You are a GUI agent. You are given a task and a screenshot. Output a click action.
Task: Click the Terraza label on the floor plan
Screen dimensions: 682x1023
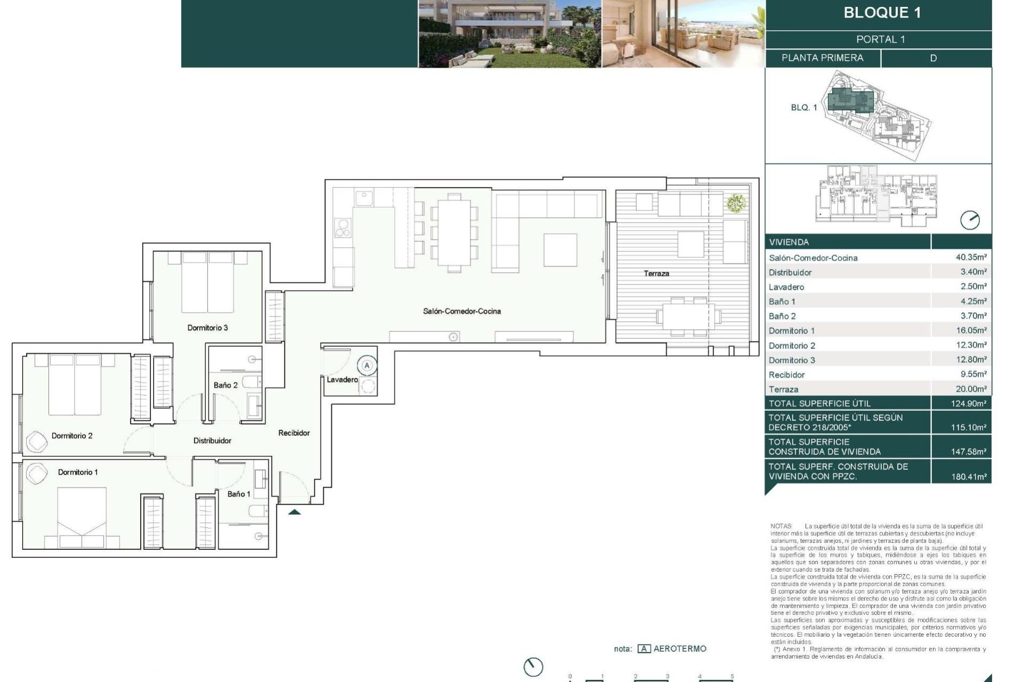(x=656, y=273)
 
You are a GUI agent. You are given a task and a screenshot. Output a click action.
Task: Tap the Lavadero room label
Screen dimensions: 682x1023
(x=342, y=379)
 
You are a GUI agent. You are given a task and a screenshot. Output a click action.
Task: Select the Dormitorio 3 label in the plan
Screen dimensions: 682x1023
(x=207, y=328)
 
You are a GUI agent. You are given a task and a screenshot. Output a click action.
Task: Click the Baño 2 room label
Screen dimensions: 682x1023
(x=225, y=385)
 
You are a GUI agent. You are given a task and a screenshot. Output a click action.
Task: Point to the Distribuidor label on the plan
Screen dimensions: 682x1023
(x=212, y=441)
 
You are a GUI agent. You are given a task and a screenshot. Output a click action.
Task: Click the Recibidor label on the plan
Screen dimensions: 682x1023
(x=294, y=433)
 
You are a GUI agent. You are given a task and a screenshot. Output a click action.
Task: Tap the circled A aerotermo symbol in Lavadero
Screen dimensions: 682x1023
(x=367, y=366)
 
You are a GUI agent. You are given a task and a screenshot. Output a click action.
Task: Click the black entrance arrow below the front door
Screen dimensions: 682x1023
(x=294, y=513)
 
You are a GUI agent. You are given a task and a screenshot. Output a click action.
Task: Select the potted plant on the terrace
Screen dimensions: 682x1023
(x=735, y=203)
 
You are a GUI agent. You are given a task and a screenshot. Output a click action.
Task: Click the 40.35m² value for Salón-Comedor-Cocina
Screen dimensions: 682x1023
(x=971, y=257)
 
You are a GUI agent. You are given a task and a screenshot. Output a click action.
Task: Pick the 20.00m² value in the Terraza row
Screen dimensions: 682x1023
(x=971, y=389)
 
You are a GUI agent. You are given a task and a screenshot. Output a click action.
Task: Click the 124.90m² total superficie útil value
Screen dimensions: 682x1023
(x=968, y=403)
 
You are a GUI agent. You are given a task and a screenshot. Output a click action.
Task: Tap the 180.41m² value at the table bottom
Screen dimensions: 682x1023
(x=968, y=477)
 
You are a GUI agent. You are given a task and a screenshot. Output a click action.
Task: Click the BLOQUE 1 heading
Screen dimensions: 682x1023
(x=882, y=13)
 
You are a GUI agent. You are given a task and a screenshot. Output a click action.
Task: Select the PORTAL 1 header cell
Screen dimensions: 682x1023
(x=880, y=39)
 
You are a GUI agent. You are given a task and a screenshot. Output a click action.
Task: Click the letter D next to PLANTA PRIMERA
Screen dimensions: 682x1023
(x=933, y=58)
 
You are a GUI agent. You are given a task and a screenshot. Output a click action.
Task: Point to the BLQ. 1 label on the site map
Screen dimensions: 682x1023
(x=803, y=108)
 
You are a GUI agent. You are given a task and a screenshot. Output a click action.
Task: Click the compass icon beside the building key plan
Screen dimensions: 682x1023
(x=969, y=220)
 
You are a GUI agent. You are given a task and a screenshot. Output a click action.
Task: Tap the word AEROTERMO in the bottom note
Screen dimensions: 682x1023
(x=679, y=648)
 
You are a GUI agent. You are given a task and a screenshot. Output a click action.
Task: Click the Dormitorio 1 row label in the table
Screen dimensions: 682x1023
(x=791, y=331)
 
